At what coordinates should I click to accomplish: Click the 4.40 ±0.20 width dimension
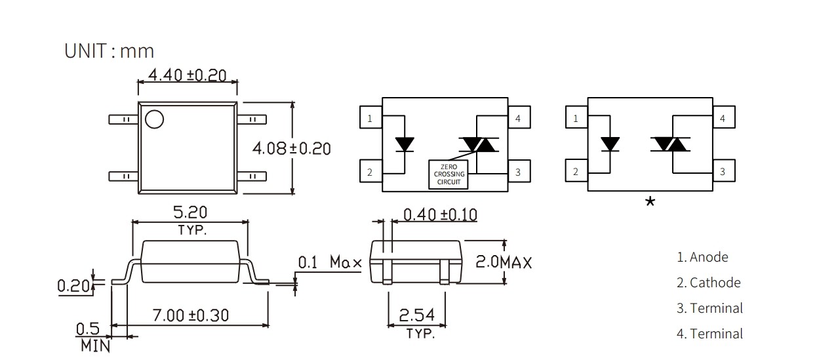point(187,75)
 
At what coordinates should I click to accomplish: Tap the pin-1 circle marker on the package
point(155,119)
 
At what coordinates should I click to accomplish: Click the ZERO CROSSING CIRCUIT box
point(449,174)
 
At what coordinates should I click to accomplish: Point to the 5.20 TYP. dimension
point(190,220)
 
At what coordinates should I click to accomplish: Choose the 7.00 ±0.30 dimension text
point(190,315)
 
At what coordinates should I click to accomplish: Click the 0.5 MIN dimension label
point(94,336)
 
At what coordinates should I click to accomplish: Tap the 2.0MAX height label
point(503,262)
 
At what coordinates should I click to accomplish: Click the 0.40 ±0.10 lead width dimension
point(439,214)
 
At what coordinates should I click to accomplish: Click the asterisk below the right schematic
point(650,202)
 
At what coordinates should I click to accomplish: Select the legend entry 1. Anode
point(702,257)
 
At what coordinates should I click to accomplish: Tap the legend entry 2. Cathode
point(708,283)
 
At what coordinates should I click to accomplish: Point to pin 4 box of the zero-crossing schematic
point(519,118)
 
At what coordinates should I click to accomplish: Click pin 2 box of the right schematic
point(576,172)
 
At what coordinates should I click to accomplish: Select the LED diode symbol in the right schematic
point(610,144)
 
